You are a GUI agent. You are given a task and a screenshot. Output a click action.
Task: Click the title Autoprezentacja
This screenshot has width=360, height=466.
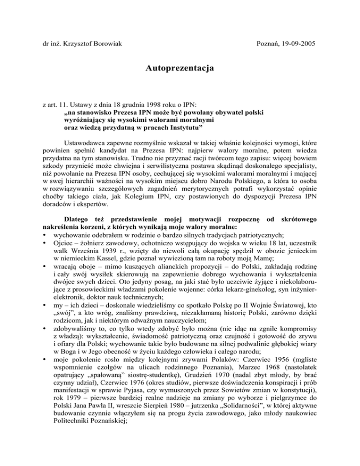(180, 69)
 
